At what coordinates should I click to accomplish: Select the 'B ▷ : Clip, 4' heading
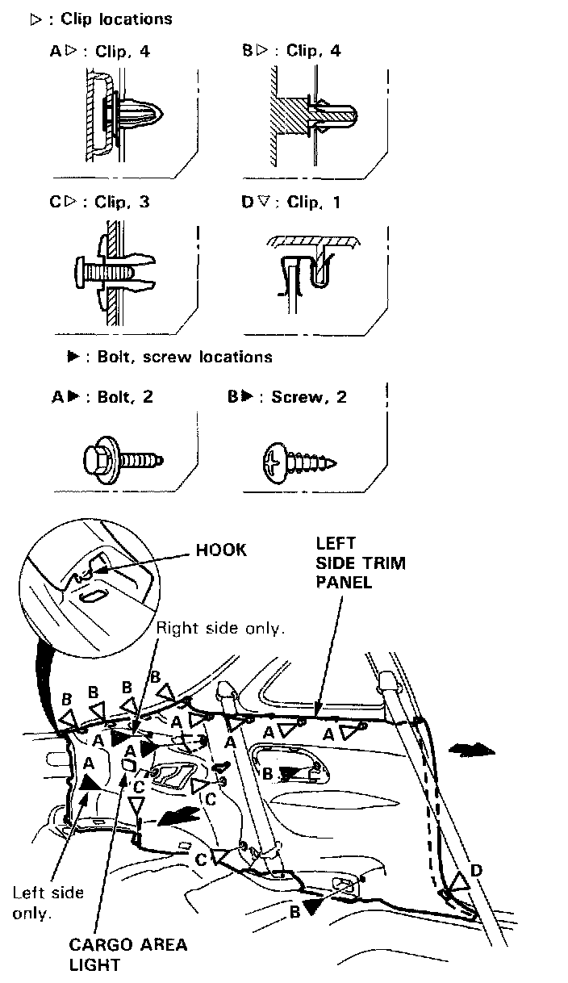coord(291,52)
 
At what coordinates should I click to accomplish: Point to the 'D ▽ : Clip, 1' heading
coord(291,203)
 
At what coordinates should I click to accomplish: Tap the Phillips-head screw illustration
coord(298,463)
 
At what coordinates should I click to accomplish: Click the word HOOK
coord(221,550)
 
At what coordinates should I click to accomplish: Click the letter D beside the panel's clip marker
coord(477,870)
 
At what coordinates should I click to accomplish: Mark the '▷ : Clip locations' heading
coord(101,19)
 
